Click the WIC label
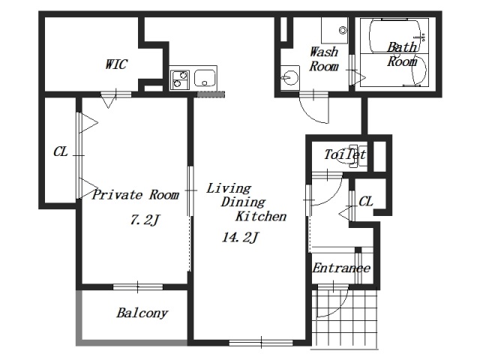click(x=116, y=64)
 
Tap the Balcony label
click(x=142, y=313)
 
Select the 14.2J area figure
click(x=241, y=237)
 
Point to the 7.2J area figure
click(x=145, y=220)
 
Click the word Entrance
click(x=341, y=268)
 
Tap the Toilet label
click(x=345, y=154)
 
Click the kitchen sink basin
click(x=205, y=78)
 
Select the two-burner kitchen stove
click(x=180, y=79)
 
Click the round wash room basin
click(x=289, y=77)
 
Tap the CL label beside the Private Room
click(x=60, y=151)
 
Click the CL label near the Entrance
click(x=366, y=202)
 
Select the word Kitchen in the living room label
click(x=261, y=216)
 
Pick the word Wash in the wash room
click(x=324, y=52)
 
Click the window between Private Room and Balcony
click(x=138, y=286)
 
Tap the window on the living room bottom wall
click(x=261, y=343)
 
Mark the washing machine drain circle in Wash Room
click(x=343, y=30)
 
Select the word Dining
click(x=243, y=202)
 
